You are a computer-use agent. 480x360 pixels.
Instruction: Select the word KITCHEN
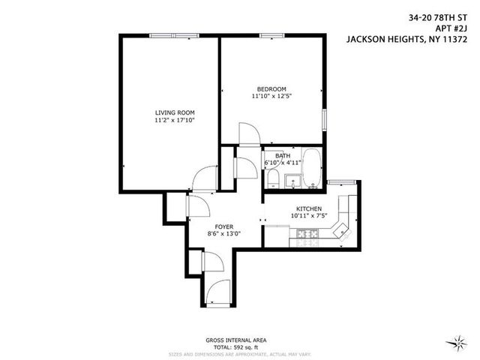click(x=309, y=208)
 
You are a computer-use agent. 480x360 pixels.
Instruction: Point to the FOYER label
click(x=223, y=226)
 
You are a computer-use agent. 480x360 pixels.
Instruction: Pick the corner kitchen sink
click(x=343, y=229)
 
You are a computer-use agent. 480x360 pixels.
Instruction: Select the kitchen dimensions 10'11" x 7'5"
click(x=309, y=216)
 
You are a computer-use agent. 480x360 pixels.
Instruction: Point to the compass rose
click(x=455, y=344)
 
